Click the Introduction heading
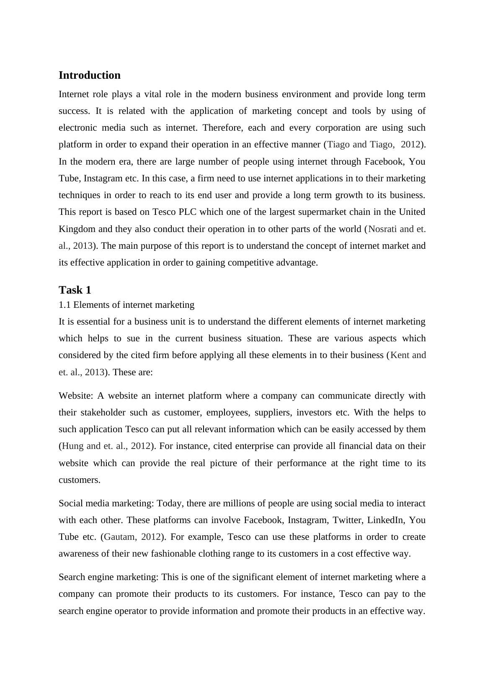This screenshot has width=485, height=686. click(89, 75)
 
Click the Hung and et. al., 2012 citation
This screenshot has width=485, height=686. click(106, 446)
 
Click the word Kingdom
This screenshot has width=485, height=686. click(78, 229)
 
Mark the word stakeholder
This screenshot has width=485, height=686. click(100, 413)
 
